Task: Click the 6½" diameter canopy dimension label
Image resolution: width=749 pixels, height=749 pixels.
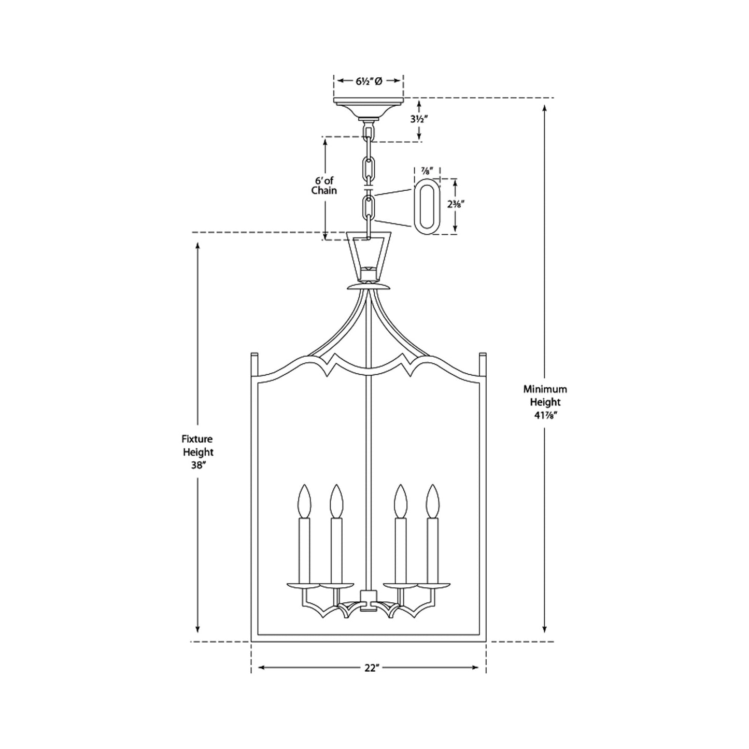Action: click(369, 81)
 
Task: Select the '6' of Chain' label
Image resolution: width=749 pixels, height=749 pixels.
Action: click(324, 186)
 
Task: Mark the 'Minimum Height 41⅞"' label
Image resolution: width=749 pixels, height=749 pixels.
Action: click(545, 402)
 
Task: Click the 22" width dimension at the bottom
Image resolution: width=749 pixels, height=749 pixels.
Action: click(369, 668)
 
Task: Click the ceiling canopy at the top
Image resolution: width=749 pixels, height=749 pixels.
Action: click(369, 106)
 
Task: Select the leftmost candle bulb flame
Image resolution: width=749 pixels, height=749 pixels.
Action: click(304, 501)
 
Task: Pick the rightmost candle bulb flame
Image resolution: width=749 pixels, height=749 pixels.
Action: click(432, 501)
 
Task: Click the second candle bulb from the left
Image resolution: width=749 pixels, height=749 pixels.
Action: click(337, 501)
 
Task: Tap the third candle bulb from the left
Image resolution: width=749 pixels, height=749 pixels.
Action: click(400, 501)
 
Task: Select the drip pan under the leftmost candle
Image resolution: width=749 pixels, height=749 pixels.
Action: click(304, 586)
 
